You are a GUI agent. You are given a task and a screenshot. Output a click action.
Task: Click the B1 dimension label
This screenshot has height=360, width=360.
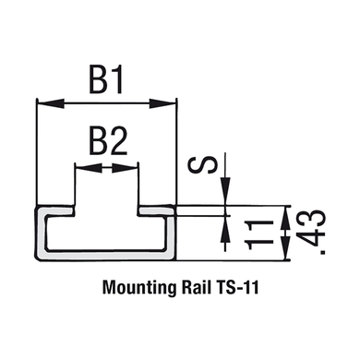[106, 80]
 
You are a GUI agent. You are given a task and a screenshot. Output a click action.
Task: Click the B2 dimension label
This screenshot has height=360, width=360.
[108, 141]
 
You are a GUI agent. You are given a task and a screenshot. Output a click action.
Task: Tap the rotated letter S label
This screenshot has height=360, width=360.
[203, 165]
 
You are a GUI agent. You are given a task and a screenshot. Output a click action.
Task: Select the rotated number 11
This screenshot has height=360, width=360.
[258, 235]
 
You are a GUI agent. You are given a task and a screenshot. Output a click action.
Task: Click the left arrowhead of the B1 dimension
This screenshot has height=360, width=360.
[51, 103]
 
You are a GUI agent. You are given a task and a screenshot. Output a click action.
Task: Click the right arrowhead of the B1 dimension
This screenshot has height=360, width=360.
[163, 103]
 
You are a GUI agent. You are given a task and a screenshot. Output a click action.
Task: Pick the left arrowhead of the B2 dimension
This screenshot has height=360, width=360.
[89, 168]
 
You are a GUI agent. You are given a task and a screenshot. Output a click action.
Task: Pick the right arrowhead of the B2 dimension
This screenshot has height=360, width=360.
[125, 168]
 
